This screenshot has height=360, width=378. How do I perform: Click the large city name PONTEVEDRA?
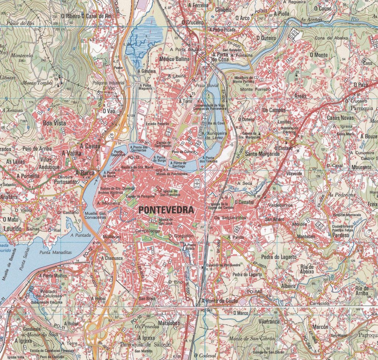click(166, 210)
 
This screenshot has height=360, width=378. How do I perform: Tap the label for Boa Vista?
click(55, 123)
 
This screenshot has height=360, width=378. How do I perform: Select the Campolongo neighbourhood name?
click(148, 231)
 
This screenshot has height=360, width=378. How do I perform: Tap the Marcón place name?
click(320, 327)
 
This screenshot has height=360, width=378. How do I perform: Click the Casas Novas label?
click(340, 118)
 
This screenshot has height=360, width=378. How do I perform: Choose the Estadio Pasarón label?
click(158, 124)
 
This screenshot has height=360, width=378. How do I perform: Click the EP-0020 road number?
click(231, 45)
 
